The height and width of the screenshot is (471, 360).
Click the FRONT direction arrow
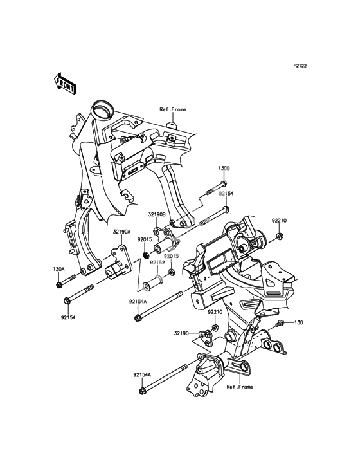pos(64,83)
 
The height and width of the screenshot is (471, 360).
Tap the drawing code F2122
pos(300,66)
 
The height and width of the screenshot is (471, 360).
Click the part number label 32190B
pos(157,215)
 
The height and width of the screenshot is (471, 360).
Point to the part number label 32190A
pos(122,232)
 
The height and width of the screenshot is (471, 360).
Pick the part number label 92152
pos(157,263)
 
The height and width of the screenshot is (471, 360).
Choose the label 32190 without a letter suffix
pos(182,333)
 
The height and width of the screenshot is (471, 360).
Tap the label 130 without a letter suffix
pos(298,322)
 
